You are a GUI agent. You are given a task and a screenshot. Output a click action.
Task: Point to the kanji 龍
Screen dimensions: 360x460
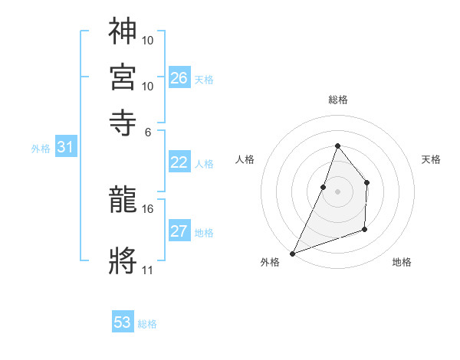(x=123, y=202)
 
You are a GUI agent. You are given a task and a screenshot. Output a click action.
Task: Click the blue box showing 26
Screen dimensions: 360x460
(x=179, y=77)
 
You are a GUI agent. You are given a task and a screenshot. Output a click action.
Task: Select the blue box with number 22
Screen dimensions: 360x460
(x=179, y=162)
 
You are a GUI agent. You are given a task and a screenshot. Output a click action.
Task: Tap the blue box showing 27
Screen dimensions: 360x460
(x=179, y=231)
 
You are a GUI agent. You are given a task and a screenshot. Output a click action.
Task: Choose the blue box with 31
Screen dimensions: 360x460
(x=65, y=147)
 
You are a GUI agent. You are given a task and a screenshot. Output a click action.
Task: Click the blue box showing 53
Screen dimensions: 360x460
(x=123, y=322)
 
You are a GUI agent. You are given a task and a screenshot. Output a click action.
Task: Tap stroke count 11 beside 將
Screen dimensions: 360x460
(x=148, y=270)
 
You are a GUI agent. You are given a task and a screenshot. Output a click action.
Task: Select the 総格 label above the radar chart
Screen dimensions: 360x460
(x=337, y=100)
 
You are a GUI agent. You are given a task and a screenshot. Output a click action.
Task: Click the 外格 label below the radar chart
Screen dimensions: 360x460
(x=270, y=263)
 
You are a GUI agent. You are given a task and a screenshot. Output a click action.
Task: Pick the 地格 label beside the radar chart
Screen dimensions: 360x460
(x=402, y=263)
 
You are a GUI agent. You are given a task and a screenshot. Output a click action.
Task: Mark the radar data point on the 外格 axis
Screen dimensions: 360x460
(x=292, y=253)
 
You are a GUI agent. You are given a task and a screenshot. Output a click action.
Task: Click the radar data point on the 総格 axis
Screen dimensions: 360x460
(x=337, y=146)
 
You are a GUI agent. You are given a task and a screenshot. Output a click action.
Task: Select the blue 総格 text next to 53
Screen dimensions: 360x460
(x=147, y=324)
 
